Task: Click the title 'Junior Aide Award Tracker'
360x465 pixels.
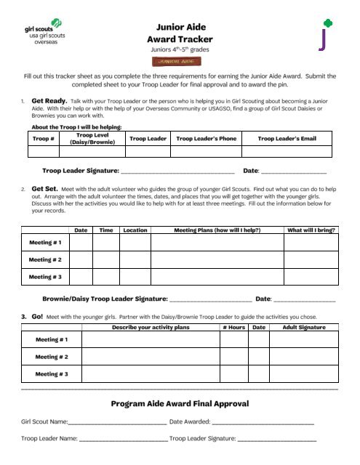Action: point(179,31)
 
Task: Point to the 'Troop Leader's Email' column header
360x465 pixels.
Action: point(287,138)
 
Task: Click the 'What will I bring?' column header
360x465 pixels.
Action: point(311,230)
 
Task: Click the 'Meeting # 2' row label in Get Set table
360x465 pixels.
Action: point(45,259)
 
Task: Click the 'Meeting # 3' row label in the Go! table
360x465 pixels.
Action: point(52,374)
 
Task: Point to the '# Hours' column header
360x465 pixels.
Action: point(233,328)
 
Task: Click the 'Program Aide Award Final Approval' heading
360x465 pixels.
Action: point(180,403)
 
